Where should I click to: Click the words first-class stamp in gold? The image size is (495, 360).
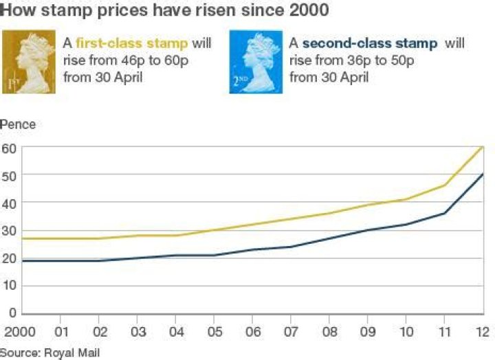(x=132, y=43)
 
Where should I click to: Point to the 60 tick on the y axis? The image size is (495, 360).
(x=8, y=147)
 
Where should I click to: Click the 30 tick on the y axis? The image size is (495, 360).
(x=8, y=230)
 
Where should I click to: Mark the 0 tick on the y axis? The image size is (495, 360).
(x=12, y=314)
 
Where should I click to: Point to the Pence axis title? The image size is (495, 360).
(x=18, y=124)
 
